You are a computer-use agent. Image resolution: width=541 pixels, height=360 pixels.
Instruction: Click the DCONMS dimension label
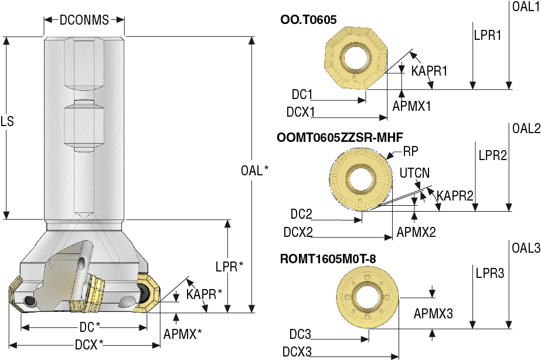pos(84,20)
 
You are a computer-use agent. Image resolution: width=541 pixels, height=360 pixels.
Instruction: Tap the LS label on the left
pos(7,122)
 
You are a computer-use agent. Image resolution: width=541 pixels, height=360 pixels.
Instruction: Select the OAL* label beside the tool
pos(255,171)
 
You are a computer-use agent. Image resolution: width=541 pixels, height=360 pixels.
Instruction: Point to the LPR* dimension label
pos(229,266)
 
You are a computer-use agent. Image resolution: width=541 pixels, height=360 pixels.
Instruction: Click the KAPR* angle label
pos(204,293)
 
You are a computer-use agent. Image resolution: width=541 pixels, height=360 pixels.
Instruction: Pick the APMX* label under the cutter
pos(183,334)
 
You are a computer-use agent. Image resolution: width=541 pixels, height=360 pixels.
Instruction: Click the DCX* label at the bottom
pos(89,344)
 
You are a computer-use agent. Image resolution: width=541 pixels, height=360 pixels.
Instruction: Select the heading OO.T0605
pos(309,20)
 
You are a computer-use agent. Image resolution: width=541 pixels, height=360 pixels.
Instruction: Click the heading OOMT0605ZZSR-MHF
pos(339,137)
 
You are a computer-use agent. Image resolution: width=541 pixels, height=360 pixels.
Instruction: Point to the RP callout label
pos(410,151)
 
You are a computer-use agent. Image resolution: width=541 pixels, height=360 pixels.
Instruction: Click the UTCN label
pos(414,173)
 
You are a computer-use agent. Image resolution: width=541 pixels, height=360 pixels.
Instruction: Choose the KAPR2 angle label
pos(455,195)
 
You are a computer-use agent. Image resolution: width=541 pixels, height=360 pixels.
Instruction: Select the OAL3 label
pos(526,248)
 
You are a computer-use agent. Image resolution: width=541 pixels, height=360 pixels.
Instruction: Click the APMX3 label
pos(433,314)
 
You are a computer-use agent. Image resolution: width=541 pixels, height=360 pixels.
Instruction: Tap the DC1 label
pos(302,94)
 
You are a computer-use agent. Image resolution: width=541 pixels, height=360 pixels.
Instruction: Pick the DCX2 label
pos(298,232)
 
